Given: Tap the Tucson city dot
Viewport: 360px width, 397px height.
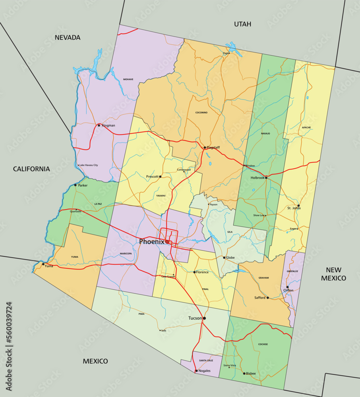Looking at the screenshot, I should pos(204,318).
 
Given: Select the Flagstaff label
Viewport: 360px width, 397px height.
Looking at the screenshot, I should pos(213,147).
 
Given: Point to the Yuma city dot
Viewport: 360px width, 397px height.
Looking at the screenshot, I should pos(43,264).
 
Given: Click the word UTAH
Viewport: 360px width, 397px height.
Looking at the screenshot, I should pos(242,24).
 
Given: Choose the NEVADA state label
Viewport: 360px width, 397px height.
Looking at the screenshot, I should pos(68,38).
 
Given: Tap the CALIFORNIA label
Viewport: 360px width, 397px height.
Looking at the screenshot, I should pos(31,169).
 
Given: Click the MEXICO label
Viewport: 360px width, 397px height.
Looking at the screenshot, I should pos(95,361).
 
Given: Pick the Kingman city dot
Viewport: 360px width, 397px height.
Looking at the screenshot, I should pos(99,125).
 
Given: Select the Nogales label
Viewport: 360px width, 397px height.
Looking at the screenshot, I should pos(204,371).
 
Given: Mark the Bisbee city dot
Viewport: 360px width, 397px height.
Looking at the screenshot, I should pos(244,373).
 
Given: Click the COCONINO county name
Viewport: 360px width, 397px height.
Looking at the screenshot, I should pos(201,112).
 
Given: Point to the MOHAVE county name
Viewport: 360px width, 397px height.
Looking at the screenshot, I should pos(128,79).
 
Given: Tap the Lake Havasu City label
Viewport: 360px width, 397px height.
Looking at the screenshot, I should pos(89,165).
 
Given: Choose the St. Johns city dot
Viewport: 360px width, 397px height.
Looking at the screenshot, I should pos(298,206).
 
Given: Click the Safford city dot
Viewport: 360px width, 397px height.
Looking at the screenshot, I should pos(267,297).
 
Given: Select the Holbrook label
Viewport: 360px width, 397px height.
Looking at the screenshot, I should pos(257,178).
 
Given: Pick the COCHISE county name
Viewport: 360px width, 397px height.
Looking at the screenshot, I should pos(263,344).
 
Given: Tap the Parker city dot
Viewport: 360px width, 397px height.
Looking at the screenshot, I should pos(75,185).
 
